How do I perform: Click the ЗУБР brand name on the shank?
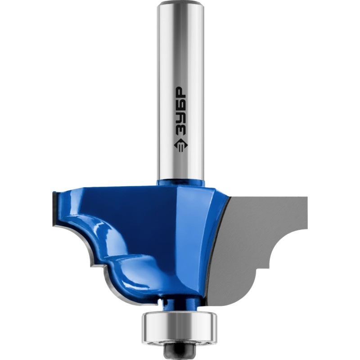tap(180, 111)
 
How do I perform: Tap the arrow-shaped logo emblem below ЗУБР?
tap(180, 145)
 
